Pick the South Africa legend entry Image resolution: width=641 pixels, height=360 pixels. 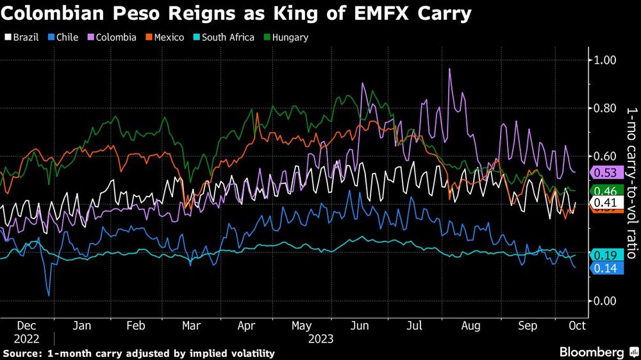(224, 37)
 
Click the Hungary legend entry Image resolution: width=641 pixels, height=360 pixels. (287, 37)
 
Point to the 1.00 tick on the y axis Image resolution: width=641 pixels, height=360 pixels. (606, 60)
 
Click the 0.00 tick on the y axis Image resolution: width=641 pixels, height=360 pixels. (606, 301)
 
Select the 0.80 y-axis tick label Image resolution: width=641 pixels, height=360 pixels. (606, 108)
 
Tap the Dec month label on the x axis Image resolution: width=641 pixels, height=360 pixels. (26, 325)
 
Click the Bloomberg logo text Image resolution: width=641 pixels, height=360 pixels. (592, 352)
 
